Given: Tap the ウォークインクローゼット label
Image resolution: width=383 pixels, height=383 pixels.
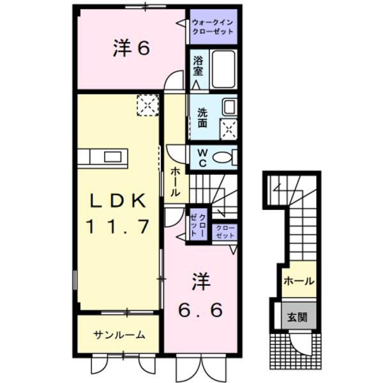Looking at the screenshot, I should click(213, 27).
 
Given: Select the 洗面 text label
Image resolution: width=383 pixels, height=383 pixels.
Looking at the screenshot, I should click(202, 117).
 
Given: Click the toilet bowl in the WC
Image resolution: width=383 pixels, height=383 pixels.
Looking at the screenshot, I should click(223, 157).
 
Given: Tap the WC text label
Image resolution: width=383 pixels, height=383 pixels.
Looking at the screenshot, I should click(201, 157).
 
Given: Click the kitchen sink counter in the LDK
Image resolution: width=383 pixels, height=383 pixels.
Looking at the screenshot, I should click(105, 157).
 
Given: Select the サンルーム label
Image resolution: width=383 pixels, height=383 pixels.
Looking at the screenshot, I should click(119, 334).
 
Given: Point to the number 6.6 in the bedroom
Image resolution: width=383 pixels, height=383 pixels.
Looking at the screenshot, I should click(200, 311).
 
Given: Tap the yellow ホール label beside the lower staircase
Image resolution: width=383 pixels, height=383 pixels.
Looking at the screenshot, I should click(297, 281).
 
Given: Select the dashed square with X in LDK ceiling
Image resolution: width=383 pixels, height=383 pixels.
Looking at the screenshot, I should click(148, 105).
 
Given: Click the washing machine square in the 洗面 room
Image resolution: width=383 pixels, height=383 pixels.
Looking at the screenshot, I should click(228, 128).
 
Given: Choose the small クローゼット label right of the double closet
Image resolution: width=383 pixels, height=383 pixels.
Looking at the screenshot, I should click(225, 232).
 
